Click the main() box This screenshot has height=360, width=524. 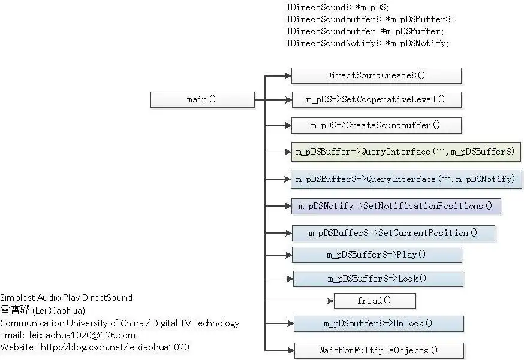tap(202, 99)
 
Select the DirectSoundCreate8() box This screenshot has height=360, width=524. tap(376, 75)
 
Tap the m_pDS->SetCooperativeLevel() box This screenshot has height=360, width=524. tap(376, 99)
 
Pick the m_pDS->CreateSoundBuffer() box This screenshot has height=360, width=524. tap(376, 125)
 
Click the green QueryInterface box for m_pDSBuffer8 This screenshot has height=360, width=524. tap(405, 152)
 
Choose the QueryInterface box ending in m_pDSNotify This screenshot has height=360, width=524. tap(405, 179)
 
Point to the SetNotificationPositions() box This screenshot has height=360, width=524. tap(396, 206)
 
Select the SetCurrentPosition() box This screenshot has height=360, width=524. tap(393, 233)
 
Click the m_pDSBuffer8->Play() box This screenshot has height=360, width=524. tap(377, 255)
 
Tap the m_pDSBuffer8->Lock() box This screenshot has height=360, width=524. tap(378, 279)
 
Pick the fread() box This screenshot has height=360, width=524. tap(374, 301)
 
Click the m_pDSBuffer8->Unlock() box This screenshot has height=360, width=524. tap(378, 323)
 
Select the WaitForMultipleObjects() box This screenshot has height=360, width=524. tap(378, 350)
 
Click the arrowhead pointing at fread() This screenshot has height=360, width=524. tap(330, 301)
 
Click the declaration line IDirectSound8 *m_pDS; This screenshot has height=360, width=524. tap(338, 7)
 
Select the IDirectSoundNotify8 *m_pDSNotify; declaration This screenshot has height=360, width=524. tap(368, 43)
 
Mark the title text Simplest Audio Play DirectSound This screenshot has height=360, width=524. tap(66, 298)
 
